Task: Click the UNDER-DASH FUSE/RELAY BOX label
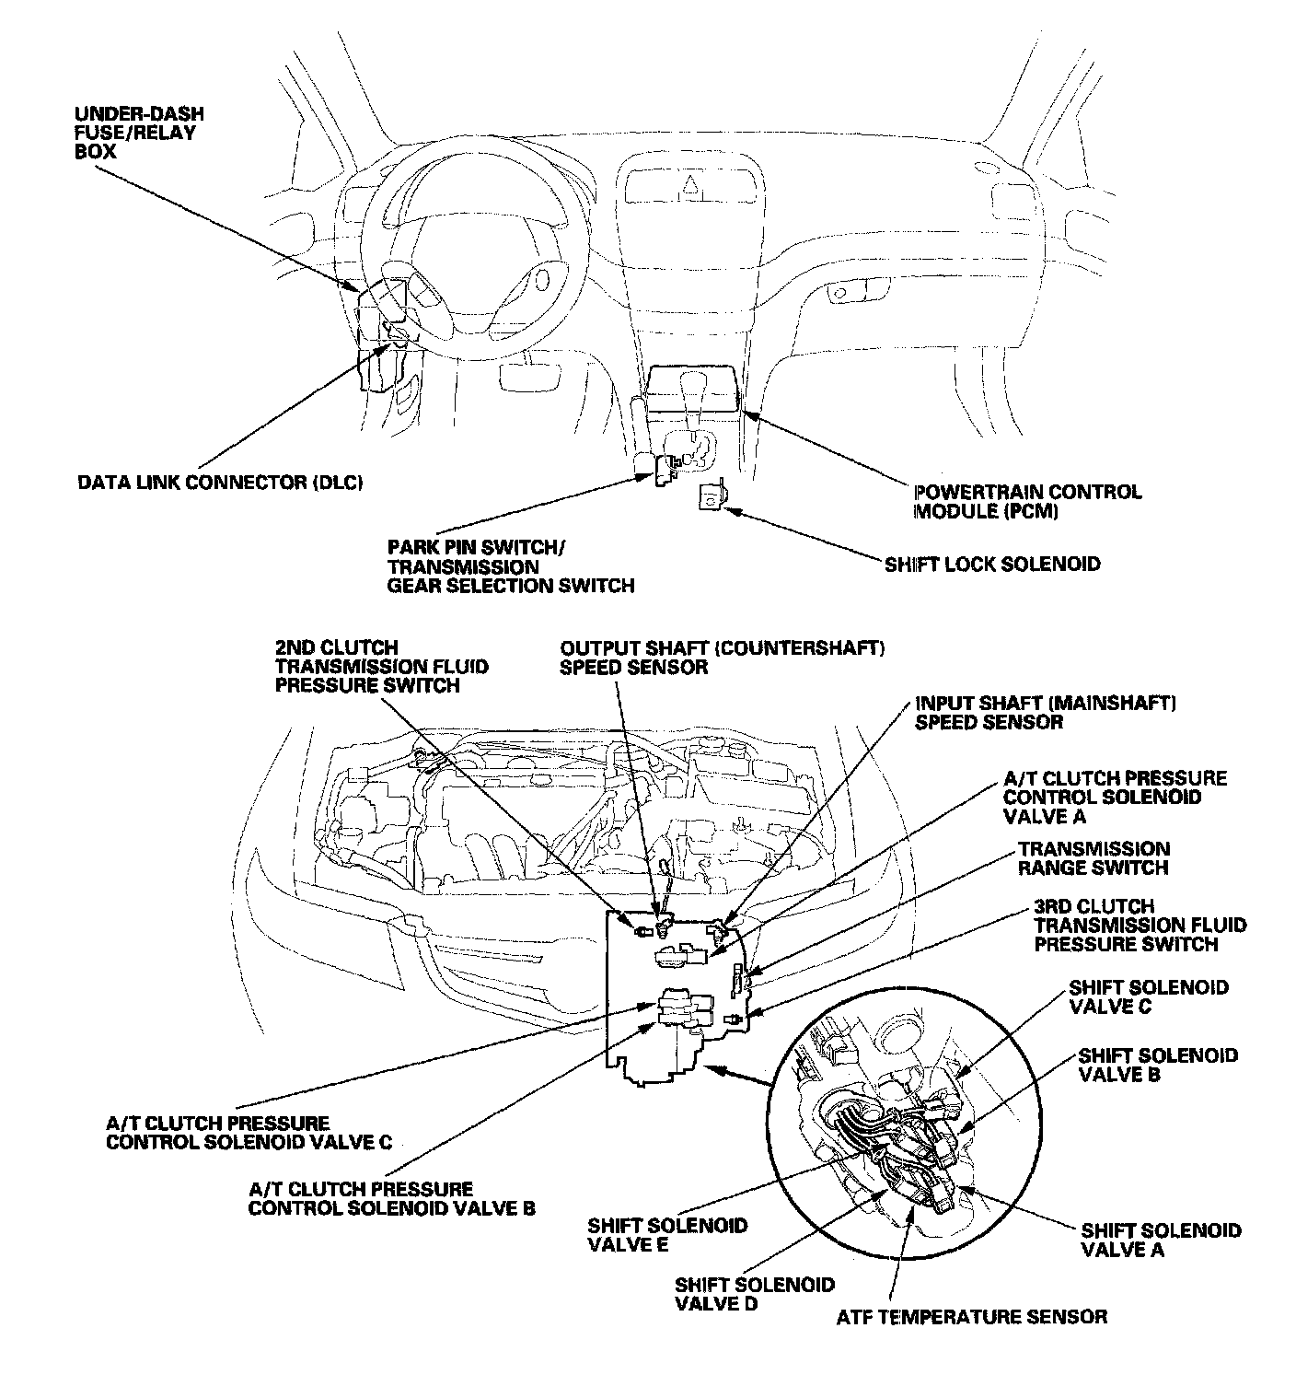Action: [x=138, y=133]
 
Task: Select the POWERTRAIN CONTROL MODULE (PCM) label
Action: [x=1026, y=501]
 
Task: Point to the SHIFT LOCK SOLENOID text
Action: [x=991, y=564]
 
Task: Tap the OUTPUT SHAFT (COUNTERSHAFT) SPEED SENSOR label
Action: [x=722, y=658]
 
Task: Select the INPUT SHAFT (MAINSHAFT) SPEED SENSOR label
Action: [x=1045, y=713]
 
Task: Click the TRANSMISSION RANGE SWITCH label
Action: [x=1093, y=858]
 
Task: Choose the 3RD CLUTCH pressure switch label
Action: [x=1140, y=925]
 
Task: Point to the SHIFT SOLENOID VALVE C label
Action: [x=1148, y=996]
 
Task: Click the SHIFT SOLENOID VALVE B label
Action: [x=1157, y=1065]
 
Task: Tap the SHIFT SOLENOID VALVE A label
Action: [x=1160, y=1240]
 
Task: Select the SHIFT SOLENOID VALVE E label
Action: [x=667, y=1235]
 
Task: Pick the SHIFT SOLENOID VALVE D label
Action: [x=754, y=1294]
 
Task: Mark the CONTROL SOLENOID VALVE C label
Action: [x=249, y=1133]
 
